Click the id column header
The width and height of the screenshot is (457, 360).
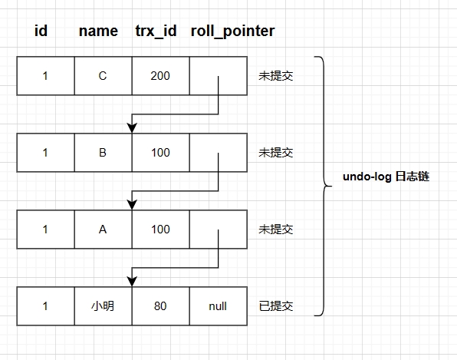[x=41, y=31]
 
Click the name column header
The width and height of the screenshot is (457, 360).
[x=98, y=31]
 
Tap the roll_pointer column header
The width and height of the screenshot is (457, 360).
[x=232, y=31]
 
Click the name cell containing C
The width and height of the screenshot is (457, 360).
[x=103, y=76]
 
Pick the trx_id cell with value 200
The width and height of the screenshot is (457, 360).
[x=160, y=76]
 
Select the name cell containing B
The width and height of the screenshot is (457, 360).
[x=103, y=153]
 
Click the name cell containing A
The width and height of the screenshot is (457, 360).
[x=103, y=230]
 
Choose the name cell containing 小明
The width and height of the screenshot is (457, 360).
[x=103, y=306]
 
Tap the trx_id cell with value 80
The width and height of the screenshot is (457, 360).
[x=160, y=306]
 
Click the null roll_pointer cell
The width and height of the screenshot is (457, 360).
[x=218, y=306]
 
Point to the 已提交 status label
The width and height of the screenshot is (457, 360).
[x=276, y=306]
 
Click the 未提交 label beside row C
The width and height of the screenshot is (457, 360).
[x=276, y=76]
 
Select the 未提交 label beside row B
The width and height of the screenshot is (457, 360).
[x=276, y=153]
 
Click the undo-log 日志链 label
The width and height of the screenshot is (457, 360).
[x=386, y=177]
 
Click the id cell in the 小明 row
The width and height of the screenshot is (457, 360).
[x=45, y=306]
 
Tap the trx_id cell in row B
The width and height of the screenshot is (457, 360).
[x=160, y=153]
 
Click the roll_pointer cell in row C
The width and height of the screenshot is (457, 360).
[x=218, y=76]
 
